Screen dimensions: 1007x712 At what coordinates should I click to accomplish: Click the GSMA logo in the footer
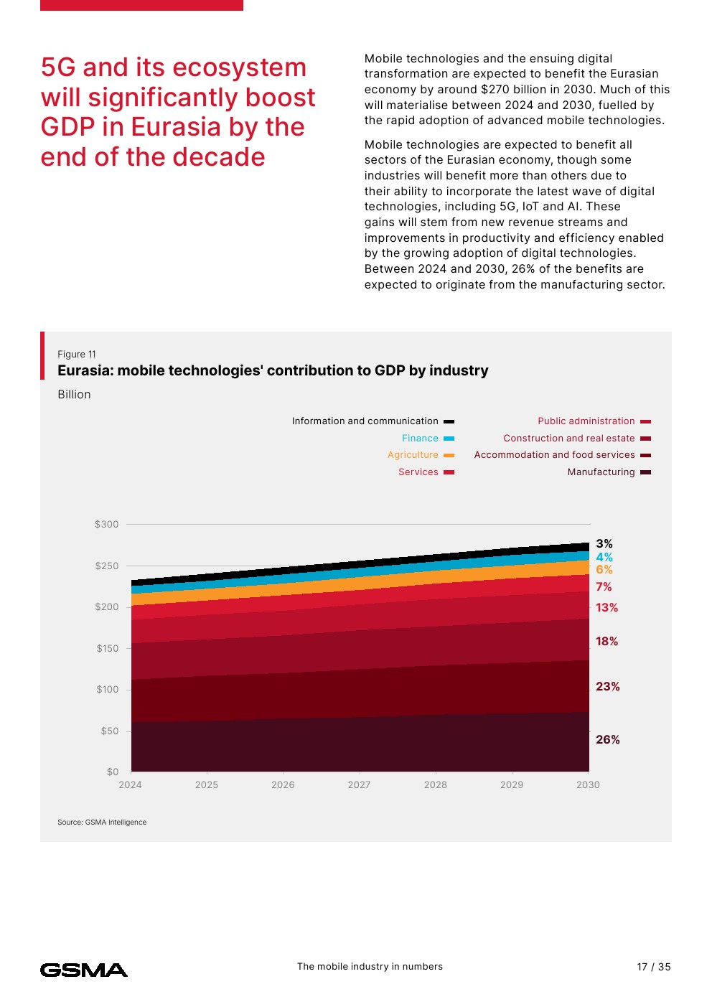pyautogui.click(x=84, y=970)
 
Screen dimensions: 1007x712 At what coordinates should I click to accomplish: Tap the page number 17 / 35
pyautogui.click(x=653, y=967)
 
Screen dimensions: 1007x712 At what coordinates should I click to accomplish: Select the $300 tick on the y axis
pyautogui.click(x=106, y=525)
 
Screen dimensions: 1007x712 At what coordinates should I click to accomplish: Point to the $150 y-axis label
pyautogui.click(x=108, y=649)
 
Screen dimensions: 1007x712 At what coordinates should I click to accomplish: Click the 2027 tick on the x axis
pyautogui.click(x=359, y=785)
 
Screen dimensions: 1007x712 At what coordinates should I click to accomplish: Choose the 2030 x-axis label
pyautogui.click(x=588, y=785)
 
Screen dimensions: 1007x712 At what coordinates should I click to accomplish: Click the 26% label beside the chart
pyautogui.click(x=607, y=740)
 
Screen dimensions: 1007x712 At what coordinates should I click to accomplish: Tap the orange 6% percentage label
pyautogui.click(x=604, y=570)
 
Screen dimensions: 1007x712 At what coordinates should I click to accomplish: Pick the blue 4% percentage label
pyautogui.click(x=604, y=558)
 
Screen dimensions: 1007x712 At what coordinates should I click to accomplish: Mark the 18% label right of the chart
pyautogui.click(x=606, y=642)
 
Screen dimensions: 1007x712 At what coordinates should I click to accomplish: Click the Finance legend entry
pyautogui.click(x=420, y=439)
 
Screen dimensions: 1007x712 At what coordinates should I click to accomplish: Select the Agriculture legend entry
pyautogui.click(x=413, y=455)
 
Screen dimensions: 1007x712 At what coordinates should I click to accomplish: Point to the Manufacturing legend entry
pyautogui.click(x=601, y=472)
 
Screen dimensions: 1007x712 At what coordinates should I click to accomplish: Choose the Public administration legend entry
pyautogui.click(x=586, y=421)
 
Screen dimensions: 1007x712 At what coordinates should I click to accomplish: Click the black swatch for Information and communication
pyautogui.click(x=449, y=421)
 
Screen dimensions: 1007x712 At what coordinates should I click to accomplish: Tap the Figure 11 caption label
pyautogui.click(x=77, y=355)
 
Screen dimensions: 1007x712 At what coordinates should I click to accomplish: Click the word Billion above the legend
pyautogui.click(x=74, y=395)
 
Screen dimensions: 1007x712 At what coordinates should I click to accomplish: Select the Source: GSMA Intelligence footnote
pyautogui.click(x=102, y=823)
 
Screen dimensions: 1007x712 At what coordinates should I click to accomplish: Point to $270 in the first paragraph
pyautogui.click(x=495, y=90)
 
